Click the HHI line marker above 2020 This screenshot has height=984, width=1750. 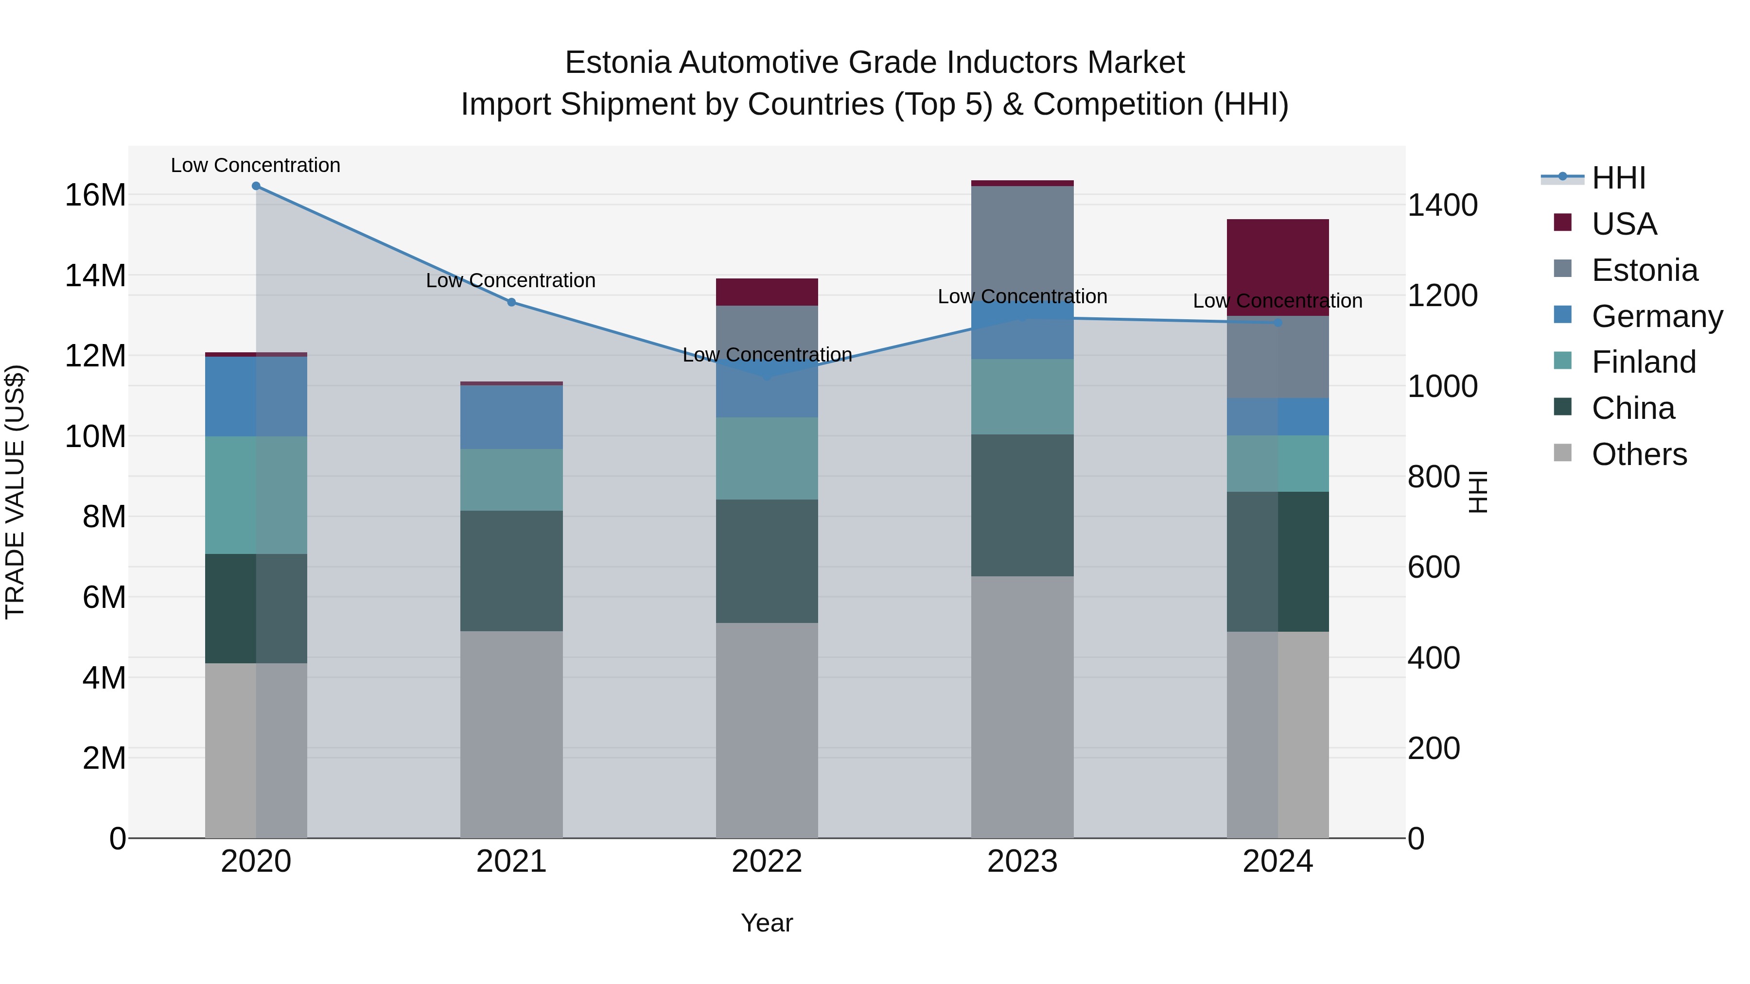(x=256, y=186)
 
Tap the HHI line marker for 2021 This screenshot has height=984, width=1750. (x=511, y=302)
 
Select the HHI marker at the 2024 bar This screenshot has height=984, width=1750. (x=1278, y=323)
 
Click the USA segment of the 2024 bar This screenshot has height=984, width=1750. (x=1278, y=267)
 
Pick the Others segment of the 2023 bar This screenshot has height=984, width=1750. (x=1022, y=706)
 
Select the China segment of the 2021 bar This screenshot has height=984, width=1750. (x=511, y=570)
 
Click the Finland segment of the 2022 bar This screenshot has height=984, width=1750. (x=767, y=458)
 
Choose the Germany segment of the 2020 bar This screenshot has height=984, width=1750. (x=256, y=396)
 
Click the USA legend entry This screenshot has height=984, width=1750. (x=1624, y=224)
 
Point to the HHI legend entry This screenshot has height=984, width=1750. (x=1618, y=178)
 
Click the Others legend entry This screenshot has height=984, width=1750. (x=1639, y=454)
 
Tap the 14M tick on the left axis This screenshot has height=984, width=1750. (x=95, y=276)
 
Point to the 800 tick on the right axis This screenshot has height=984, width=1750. (x=1434, y=477)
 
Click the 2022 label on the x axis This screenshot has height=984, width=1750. (x=767, y=862)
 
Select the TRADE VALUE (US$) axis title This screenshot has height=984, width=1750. (x=15, y=492)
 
